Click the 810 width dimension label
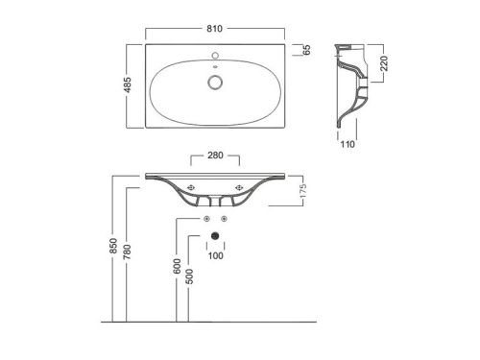pyautogui.click(x=214, y=29)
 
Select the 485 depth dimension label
pyautogui.click(x=128, y=85)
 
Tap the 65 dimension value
pyautogui.click(x=306, y=50)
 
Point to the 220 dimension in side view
pyautogui.click(x=384, y=63)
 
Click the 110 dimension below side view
pyautogui.click(x=348, y=144)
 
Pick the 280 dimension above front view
pyautogui.click(x=215, y=156)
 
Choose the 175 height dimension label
pyautogui.click(x=303, y=191)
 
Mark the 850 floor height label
pyautogui.click(x=113, y=246)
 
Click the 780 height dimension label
pyautogui.click(x=127, y=252)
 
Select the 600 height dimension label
pyautogui.click(x=177, y=266)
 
